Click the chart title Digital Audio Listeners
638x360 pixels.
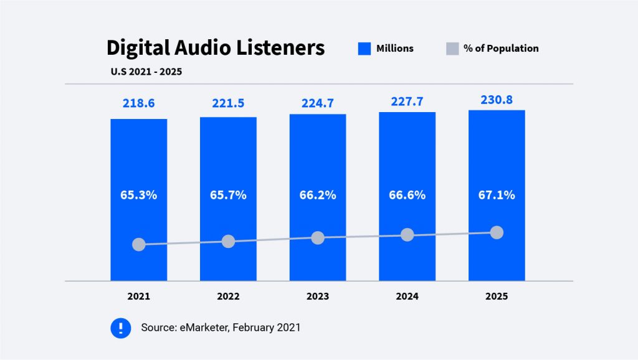215,48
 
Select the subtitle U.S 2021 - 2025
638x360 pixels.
146,71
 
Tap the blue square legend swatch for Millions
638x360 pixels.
364,49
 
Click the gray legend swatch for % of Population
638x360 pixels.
452,49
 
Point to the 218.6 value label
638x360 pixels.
138,103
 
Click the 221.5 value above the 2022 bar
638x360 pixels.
228,103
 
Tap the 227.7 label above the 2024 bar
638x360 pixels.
407,101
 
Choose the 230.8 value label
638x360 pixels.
497,99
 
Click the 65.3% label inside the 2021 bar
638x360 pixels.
138,195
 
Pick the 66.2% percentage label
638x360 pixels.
318,195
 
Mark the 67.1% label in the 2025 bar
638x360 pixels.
497,195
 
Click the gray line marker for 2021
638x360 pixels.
139,245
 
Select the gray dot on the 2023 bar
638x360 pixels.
318,238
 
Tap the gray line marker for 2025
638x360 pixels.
497,232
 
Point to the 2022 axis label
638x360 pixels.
228,296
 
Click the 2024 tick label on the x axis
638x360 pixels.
407,296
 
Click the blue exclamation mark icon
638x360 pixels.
121,328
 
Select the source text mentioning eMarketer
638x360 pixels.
221,328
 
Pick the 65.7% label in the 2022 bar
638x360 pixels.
228,195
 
